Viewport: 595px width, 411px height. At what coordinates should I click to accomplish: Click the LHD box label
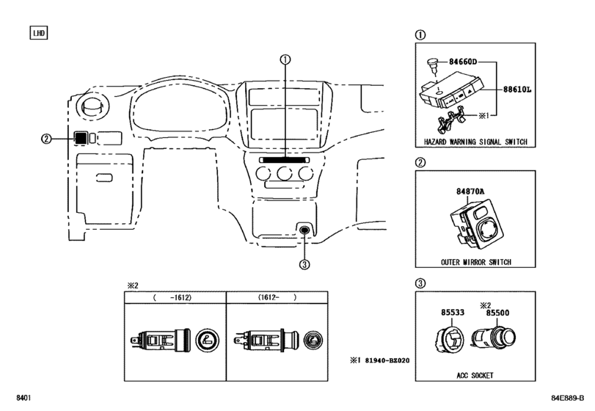click(x=39, y=33)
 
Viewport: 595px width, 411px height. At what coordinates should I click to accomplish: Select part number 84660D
click(x=463, y=62)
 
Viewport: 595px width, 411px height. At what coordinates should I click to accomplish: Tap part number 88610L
click(x=517, y=90)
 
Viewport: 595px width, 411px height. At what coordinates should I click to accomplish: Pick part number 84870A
click(x=470, y=192)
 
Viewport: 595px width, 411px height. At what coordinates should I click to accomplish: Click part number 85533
click(x=453, y=313)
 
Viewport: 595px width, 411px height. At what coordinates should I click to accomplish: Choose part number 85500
click(x=497, y=313)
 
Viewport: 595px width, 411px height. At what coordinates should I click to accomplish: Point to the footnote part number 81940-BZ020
click(x=387, y=360)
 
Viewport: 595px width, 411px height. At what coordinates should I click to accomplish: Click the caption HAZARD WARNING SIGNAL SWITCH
click(x=475, y=142)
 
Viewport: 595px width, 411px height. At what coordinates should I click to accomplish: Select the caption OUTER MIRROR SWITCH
click(x=476, y=262)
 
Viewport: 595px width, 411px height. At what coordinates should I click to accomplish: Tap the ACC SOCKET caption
click(x=475, y=375)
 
